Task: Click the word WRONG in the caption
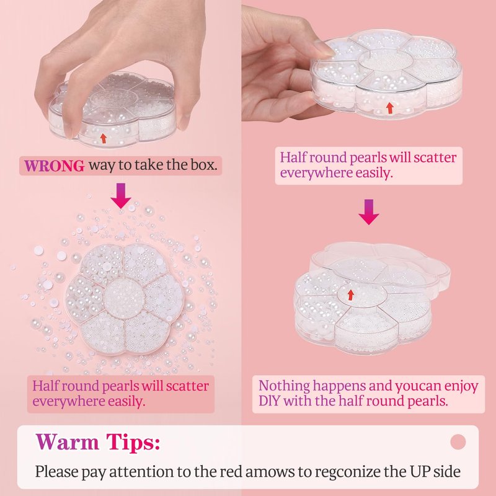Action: tap(54, 166)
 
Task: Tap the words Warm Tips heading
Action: tap(98, 441)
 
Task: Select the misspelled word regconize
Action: tap(347, 472)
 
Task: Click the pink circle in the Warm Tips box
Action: tap(458, 441)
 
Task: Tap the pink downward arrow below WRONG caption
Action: tap(121, 195)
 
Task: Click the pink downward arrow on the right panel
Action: tap(369, 212)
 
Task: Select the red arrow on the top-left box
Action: tap(103, 138)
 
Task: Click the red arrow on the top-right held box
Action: tap(390, 108)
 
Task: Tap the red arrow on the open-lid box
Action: tap(350, 294)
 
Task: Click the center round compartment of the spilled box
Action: tap(124, 298)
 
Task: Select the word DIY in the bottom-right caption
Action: tap(269, 401)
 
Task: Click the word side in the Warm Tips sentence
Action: tap(447, 471)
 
